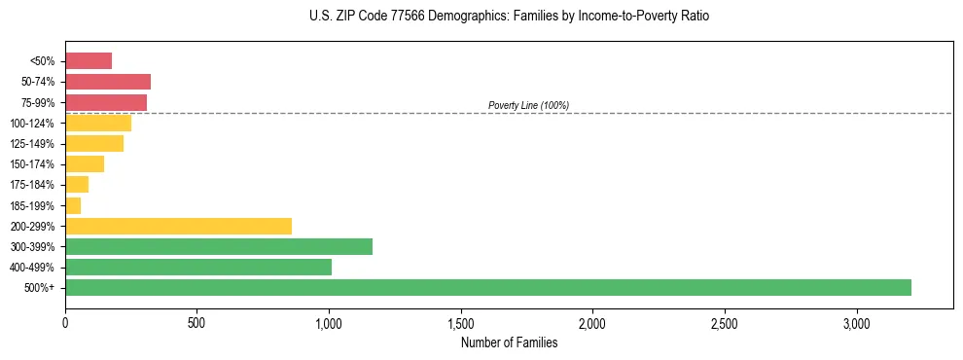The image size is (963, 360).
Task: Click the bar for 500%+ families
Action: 487,287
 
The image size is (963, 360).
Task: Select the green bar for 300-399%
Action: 219,246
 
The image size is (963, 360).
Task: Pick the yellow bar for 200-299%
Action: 178,226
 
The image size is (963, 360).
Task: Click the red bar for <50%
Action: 89,61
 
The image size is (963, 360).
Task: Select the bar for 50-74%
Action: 108,82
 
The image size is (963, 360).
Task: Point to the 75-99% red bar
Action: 106,102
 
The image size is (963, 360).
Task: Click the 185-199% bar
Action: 73,205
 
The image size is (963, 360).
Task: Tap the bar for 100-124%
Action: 98,123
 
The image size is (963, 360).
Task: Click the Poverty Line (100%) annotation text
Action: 528,105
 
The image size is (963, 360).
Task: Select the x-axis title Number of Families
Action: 509,342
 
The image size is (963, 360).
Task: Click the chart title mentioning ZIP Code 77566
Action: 509,17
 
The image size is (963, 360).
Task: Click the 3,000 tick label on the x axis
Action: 857,322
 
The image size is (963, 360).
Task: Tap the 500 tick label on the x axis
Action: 196,322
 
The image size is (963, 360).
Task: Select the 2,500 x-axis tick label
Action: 725,322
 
